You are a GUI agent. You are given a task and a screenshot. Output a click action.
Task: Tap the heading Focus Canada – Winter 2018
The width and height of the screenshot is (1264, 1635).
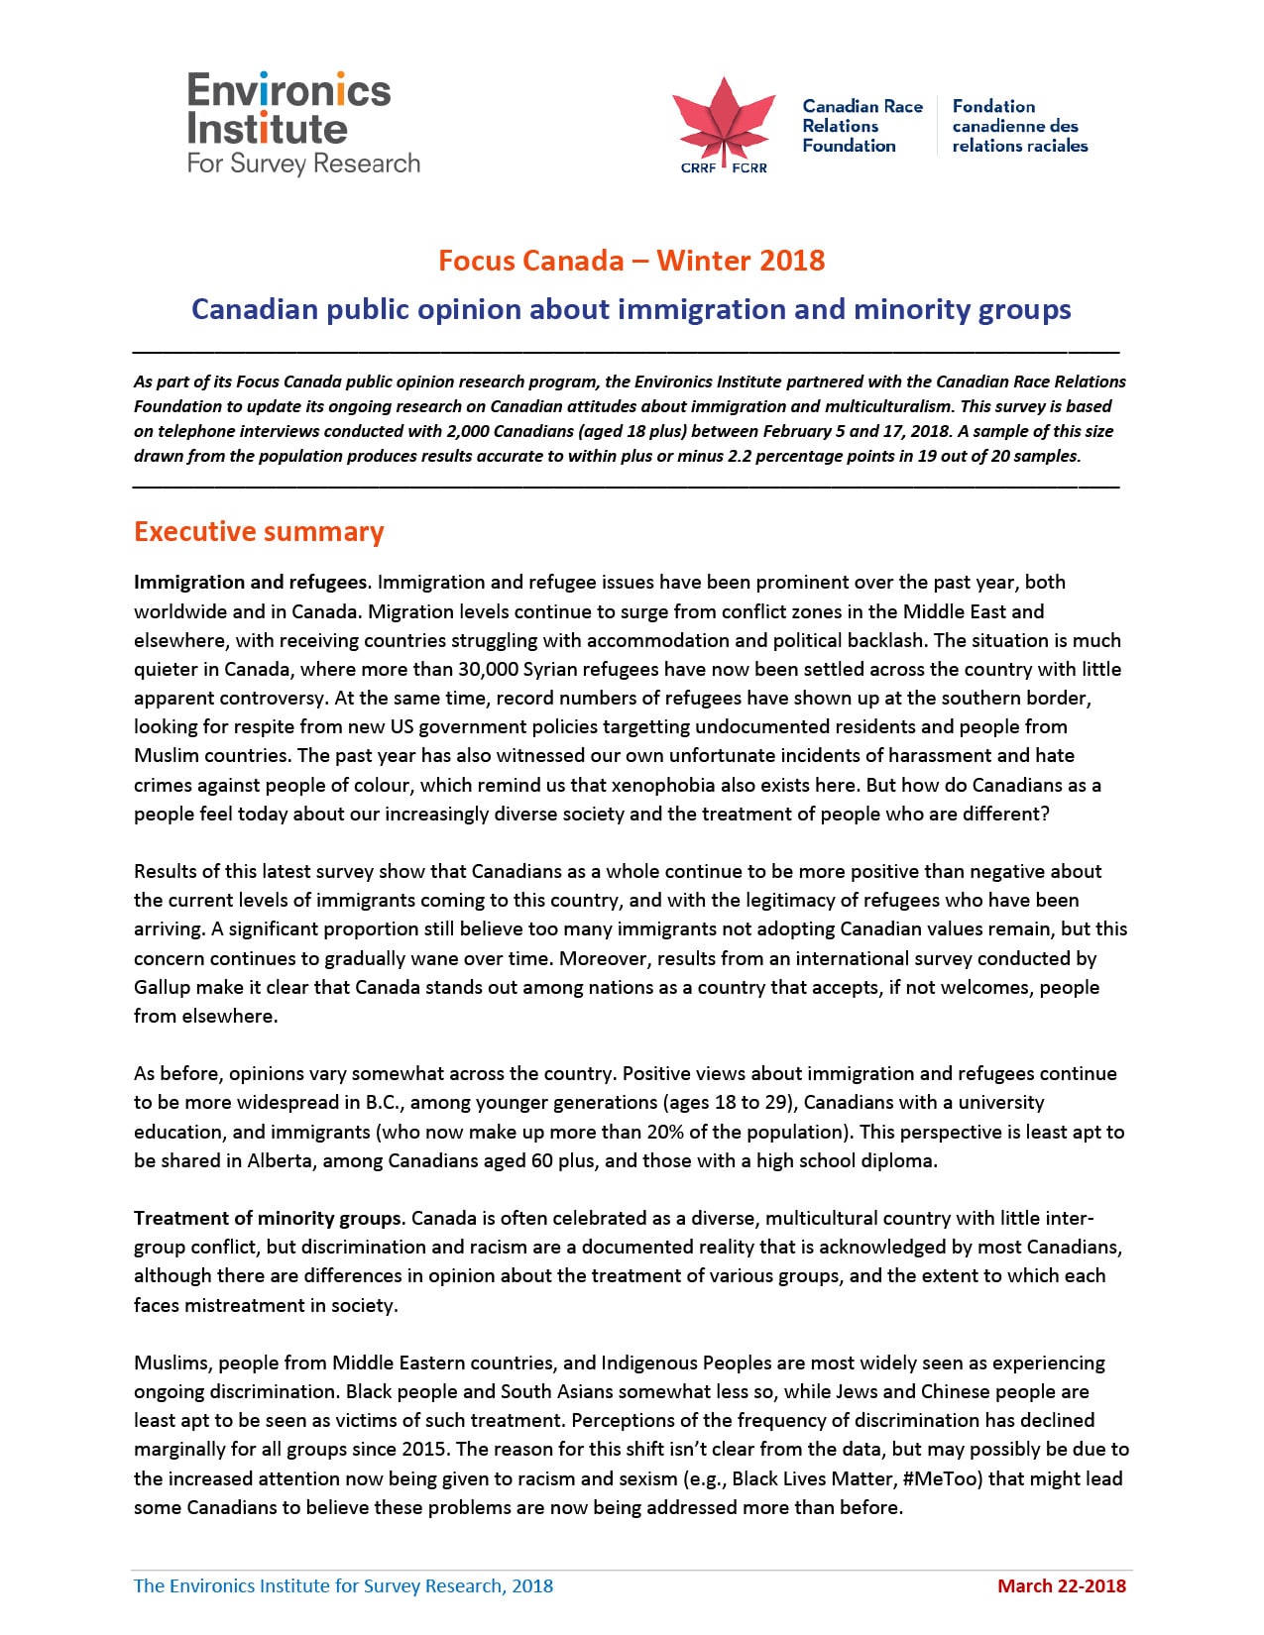pyautogui.click(x=632, y=261)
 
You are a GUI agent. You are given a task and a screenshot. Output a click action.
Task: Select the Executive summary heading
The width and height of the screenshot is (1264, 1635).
pyautogui.click(x=259, y=532)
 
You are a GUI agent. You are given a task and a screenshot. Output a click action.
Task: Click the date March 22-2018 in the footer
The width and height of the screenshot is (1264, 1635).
pyautogui.click(x=1062, y=1585)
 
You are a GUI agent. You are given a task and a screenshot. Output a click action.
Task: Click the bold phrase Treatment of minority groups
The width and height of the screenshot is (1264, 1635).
pyautogui.click(x=268, y=1218)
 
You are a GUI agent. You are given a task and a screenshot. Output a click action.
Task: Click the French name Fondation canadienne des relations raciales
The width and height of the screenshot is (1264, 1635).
pyautogui.click(x=1019, y=126)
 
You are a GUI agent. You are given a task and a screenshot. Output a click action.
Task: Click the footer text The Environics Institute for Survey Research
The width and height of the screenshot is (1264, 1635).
pyautogui.click(x=343, y=1585)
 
